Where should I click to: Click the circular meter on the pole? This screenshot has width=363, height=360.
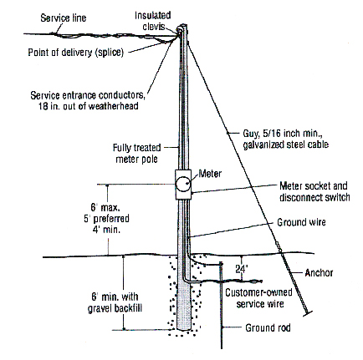(183, 184)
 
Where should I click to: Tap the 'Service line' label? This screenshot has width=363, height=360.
(64, 18)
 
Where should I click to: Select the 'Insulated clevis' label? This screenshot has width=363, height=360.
(153, 20)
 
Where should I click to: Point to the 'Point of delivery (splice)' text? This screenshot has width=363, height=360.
(75, 52)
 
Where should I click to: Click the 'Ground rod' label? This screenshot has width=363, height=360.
(268, 327)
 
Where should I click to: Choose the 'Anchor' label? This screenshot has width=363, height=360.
(319, 273)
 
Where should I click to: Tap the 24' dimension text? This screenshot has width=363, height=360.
(242, 269)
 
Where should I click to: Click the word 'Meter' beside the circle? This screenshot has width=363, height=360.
(210, 174)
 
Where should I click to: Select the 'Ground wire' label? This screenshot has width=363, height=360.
(301, 222)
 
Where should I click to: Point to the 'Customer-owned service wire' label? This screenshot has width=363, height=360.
(258, 298)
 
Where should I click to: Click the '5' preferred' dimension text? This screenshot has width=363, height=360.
(106, 219)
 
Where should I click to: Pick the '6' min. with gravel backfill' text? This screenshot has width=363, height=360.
(115, 302)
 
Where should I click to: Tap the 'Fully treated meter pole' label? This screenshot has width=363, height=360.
(137, 153)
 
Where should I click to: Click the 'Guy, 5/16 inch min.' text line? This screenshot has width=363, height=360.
(283, 134)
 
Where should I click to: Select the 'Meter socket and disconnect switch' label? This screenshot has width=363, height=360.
(314, 191)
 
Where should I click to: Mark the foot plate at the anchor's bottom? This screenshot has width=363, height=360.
(308, 313)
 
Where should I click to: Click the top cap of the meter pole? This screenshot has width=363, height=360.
(182, 27)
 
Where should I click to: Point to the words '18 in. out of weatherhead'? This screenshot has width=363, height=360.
(89, 106)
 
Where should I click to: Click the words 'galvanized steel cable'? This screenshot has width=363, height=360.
(286, 145)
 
